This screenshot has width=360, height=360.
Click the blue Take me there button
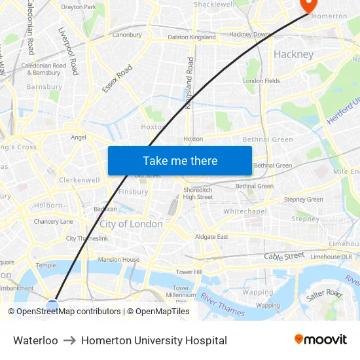coord(180,161)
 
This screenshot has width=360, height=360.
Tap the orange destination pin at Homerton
coord(306,5)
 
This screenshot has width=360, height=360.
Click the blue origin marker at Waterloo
coord(52,305)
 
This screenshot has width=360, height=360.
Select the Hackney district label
coord(294,54)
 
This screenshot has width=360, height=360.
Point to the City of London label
coord(131,224)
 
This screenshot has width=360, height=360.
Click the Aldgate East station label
coord(211,236)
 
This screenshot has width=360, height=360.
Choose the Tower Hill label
coord(189,272)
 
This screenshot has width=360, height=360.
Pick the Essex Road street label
coord(118,78)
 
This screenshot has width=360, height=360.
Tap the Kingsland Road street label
coord(190,82)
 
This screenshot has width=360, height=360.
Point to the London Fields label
coord(262,81)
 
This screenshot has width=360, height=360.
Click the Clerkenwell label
coord(79,180)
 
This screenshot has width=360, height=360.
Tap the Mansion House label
coord(118,260)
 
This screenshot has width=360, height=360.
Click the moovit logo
coord(321,340)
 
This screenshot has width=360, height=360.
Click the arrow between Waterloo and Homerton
coord(69,341)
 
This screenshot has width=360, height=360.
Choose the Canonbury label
coord(127,35)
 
